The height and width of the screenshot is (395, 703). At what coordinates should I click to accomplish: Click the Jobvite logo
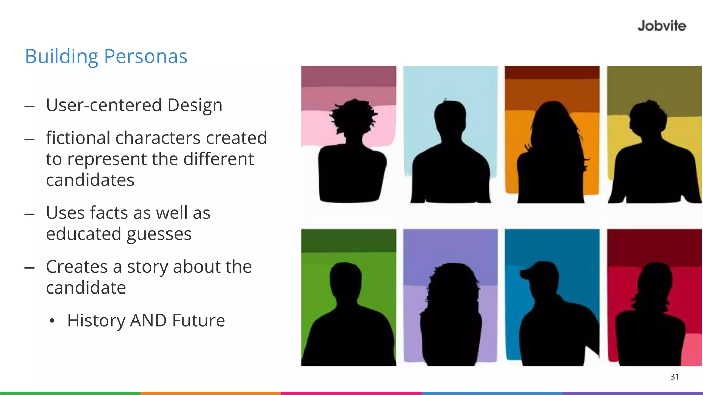click(661, 26)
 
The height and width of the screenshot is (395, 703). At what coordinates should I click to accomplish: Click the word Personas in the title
click(146, 56)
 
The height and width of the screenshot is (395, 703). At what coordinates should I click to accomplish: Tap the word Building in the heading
click(62, 56)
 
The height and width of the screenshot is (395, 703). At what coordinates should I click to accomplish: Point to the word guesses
click(159, 234)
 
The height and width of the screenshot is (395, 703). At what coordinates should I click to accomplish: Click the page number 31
click(674, 377)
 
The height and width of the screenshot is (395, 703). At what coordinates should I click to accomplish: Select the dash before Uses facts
click(30, 214)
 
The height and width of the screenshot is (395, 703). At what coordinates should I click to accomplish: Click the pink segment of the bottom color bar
click(351, 393)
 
